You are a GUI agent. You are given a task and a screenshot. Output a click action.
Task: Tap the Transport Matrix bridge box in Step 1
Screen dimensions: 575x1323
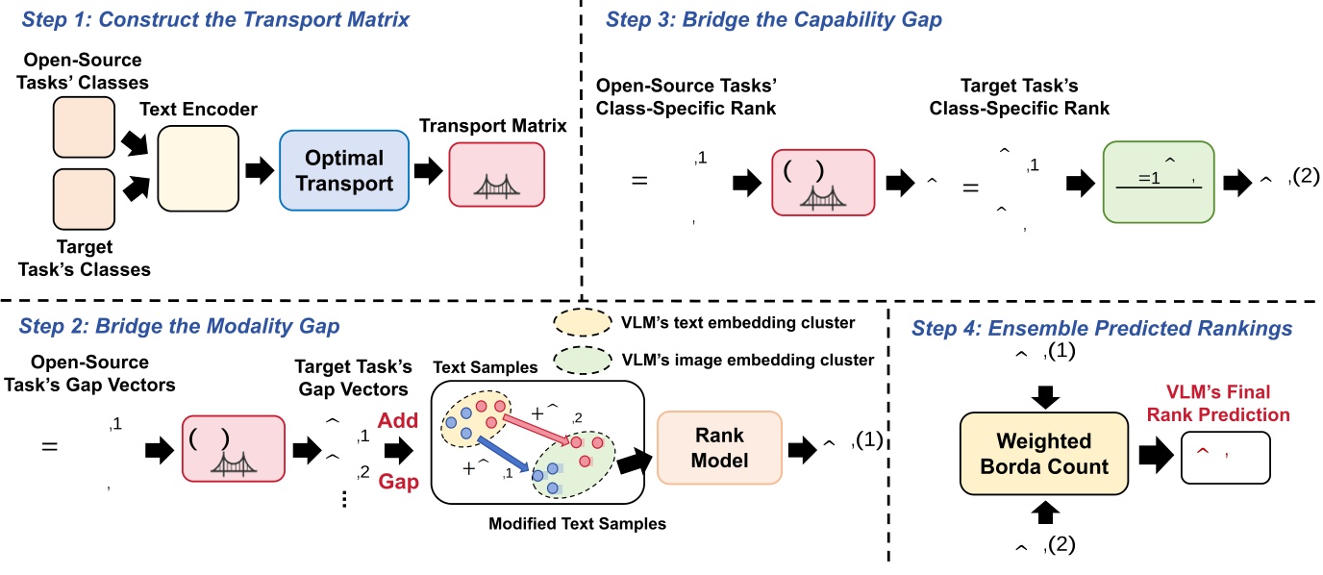pyautogui.click(x=496, y=174)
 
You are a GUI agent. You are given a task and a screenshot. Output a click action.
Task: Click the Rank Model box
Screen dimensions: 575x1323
pyautogui.click(x=720, y=448)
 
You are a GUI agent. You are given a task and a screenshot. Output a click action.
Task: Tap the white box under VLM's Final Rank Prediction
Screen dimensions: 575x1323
pyautogui.click(x=1224, y=457)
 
